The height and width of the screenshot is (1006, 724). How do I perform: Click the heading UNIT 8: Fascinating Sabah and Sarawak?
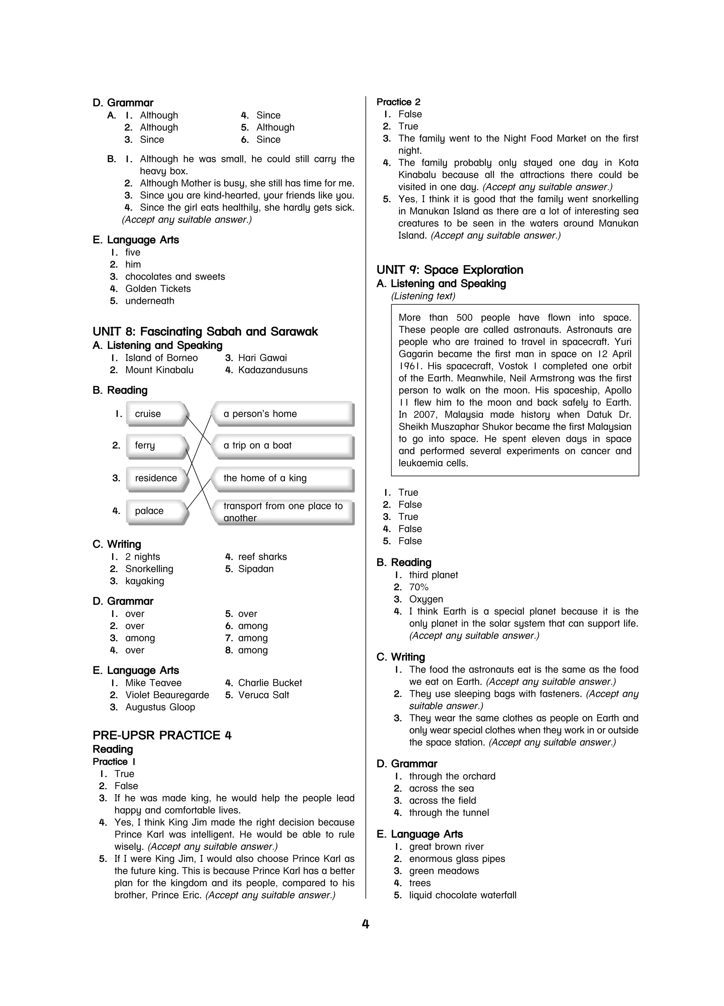[205, 331]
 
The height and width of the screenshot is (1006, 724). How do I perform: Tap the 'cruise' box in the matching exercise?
[155, 413]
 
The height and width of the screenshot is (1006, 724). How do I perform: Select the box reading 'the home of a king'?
[282, 478]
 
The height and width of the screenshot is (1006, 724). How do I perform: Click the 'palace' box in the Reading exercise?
[155, 511]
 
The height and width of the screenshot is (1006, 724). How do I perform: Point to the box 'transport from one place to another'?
[282, 512]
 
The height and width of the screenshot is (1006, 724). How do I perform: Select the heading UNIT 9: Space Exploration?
[450, 270]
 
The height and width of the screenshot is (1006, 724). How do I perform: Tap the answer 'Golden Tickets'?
[158, 289]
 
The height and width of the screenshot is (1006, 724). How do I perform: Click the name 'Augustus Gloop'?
[160, 707]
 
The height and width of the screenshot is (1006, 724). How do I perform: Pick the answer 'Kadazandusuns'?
[273, 370]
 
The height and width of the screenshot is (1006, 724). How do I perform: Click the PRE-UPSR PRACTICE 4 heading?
[162, 735]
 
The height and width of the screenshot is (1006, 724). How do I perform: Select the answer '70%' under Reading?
[419, 587]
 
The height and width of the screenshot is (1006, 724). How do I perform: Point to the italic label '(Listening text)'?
[423, 296]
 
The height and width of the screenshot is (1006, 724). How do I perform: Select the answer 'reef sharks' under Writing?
[262, 557]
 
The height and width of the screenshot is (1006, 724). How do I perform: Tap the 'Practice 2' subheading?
[398, 102]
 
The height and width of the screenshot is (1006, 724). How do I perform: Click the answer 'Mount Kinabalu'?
[159, 370]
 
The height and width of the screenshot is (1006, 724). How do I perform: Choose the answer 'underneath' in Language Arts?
[150, 301]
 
